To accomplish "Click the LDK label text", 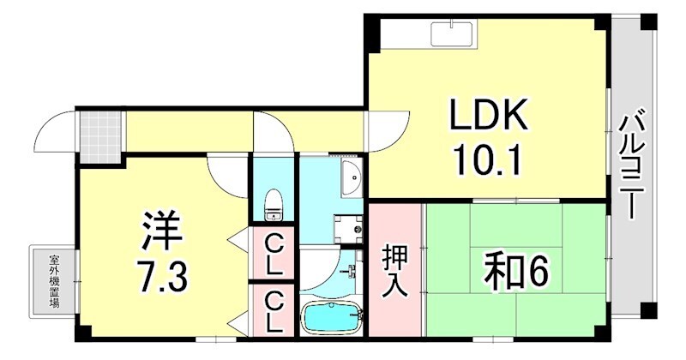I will click(484, 117).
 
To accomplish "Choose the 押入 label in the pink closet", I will click(395, 271).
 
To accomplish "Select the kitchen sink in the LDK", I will click(453, 33).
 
